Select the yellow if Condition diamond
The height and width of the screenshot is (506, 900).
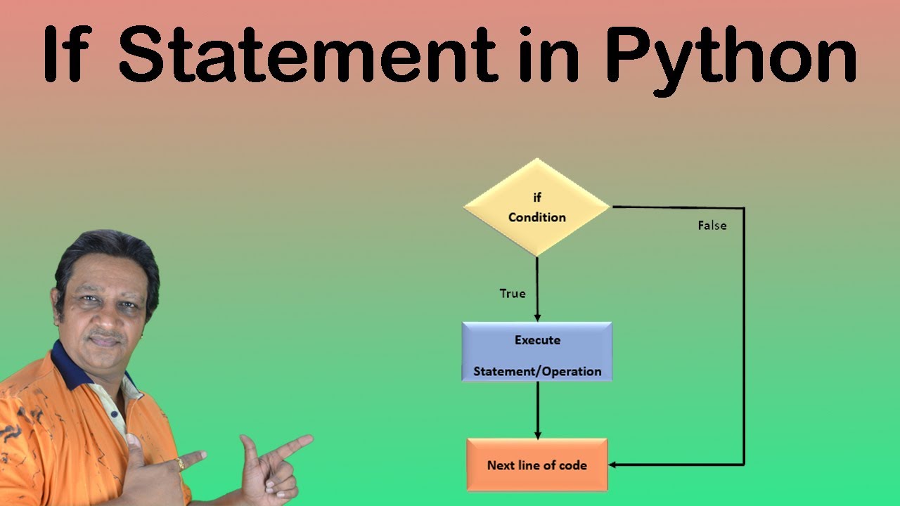[x=536, y=207]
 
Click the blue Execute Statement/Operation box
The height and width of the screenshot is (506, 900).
[x=536, y=351]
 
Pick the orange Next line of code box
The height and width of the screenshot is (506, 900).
[x=536, y=465]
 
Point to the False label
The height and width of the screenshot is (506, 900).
[x=712, y=226]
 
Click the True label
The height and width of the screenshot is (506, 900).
[x=512, y=294]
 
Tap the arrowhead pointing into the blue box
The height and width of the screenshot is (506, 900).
[x=537, y=317]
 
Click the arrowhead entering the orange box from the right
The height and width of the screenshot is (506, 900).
[x=614, y=465]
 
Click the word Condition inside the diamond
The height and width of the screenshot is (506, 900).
[x=536, y=217]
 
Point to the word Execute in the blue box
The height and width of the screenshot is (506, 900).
[x=537, y=340]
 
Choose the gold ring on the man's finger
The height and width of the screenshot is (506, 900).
[x=180, y=464]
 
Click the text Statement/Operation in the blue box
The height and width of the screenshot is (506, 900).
[x=537, y=371]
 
